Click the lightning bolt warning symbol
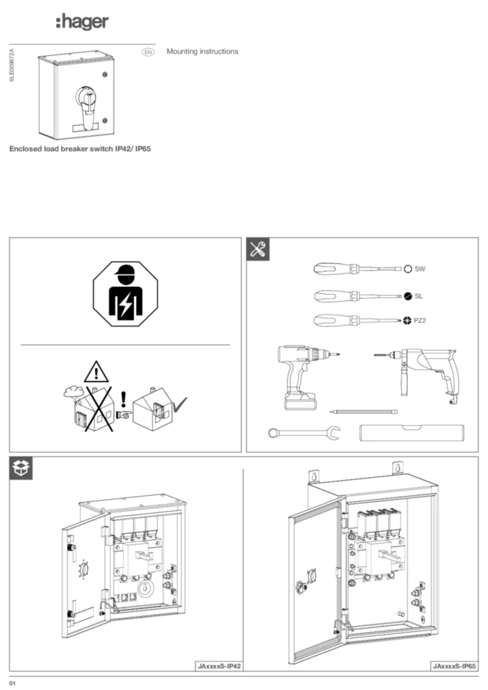click(125, 305)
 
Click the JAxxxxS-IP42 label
click(219, 666)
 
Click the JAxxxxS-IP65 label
click(454, 666)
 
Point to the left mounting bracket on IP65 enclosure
click(312, 476)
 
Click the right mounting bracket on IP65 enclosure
click(398, 466)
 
